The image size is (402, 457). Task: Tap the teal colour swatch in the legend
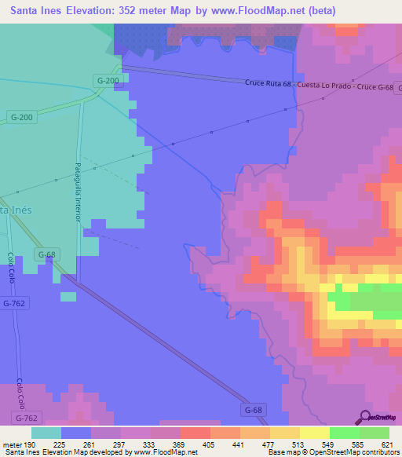point(46,432)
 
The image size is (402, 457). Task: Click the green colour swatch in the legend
point(344,432)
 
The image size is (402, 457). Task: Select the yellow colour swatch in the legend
point(314,432)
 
